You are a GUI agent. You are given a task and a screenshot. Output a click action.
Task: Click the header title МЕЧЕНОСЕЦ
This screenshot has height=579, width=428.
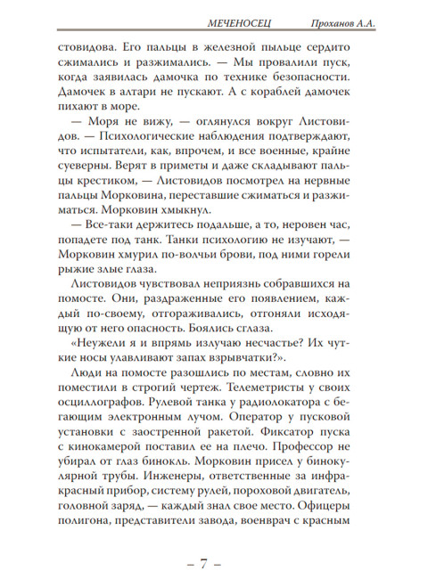click(234, 20)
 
